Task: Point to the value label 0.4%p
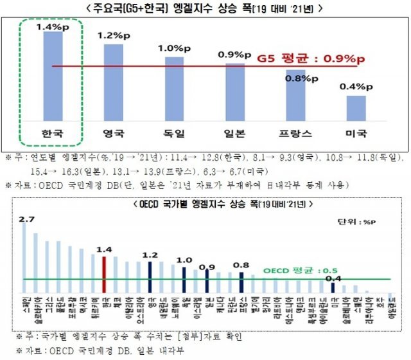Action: [x=356, y=86]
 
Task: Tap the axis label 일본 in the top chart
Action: [x=234, y=134]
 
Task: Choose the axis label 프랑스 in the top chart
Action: [x=296, y=134]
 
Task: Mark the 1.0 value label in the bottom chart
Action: [x=184, y=260]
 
